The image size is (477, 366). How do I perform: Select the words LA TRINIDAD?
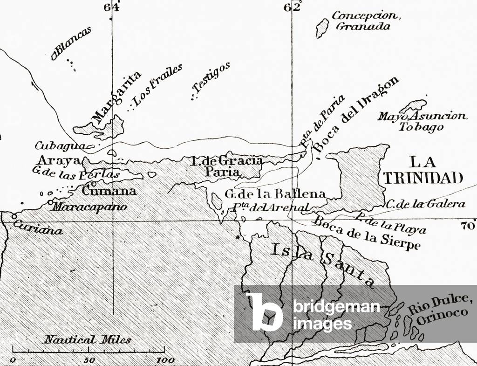[x=422, y=170]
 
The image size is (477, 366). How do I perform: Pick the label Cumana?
[x=109, y=191]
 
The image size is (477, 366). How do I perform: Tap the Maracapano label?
[x=89, y=206]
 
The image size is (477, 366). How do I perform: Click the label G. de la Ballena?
[x=275, y=194]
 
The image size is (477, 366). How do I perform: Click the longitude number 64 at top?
[x=112, y=7]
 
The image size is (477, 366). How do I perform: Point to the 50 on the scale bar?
[x=90, y=360]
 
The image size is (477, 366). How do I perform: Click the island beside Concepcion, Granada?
[x=321, y=28]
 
